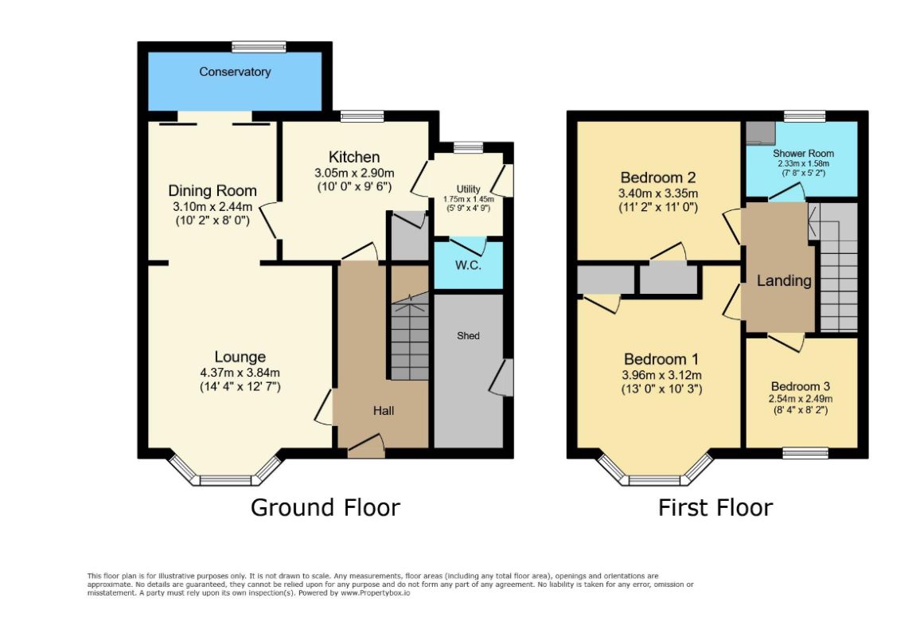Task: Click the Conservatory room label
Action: coord(235,72)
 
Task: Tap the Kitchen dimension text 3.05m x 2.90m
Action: coord(354,173)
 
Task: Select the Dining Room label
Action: coord(212,190)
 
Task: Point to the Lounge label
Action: coord(240,357)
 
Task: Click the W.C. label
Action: coord(468,265)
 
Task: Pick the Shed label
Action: coord(468,336)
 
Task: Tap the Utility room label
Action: coord(468,189)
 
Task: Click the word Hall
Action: coord(384,411)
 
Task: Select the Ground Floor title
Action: coord(325,507)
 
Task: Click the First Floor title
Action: coord(715,507)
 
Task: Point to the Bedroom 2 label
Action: coord(658,178)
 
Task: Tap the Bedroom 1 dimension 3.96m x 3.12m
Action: coord(662,375)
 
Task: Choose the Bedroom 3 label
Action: coord(801,386)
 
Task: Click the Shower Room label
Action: coord(803,153)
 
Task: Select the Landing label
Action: coord(784,280)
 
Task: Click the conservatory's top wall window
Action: coord(259,47)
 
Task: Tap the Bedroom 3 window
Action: coord(805,453)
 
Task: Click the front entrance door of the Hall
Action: coord(366,446)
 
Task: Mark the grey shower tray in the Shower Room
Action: coord(760,133)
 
